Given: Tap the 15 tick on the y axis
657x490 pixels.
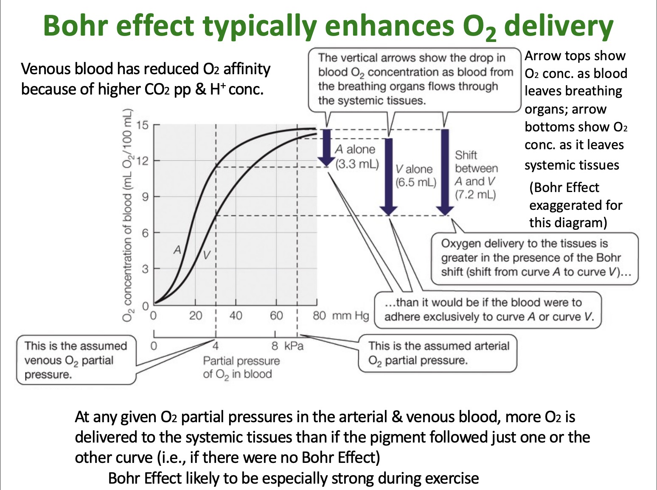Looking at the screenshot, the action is (143, 125).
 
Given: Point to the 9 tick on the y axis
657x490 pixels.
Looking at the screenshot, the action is (145, 197).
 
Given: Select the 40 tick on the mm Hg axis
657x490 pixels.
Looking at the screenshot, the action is (236, 315).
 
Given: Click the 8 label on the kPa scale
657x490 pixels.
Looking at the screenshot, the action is (275, 346).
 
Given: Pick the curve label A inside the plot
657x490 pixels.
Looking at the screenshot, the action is (177, 250).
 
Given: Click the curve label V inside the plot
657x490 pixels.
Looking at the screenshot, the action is (206, 255).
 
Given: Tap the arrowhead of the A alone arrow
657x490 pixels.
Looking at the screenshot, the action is (326, 161).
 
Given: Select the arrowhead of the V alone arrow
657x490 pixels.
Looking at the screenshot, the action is (388, 210).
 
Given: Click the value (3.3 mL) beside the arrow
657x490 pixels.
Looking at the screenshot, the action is (357, 164).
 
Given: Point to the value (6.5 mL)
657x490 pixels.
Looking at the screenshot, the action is (416, 182).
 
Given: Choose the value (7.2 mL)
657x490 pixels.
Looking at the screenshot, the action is (475, 195).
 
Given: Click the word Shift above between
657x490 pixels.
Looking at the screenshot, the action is (466, 155).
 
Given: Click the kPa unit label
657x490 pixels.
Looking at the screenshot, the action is (294, 346).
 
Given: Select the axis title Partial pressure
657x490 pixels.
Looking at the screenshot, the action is (241, 361).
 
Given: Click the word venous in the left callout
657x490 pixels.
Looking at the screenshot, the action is (43, 360).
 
